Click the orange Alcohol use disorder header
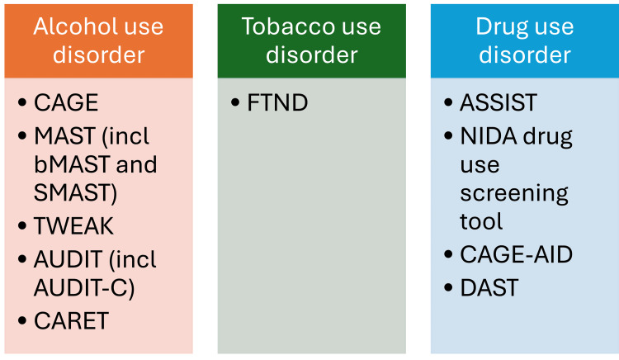tap(98, 40)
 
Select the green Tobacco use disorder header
tap(311, 40)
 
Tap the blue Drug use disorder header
tap(524, 40)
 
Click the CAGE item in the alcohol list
tap(66, 103)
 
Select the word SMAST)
tap(75, 193)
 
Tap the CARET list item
tap(71, 321)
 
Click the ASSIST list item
tap(499, 103)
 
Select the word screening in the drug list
tap(514, 193)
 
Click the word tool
tap(481, 222)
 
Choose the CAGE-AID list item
tap(516, 255)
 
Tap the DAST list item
tap(489, 287)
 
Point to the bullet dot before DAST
tap(447, 288)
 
